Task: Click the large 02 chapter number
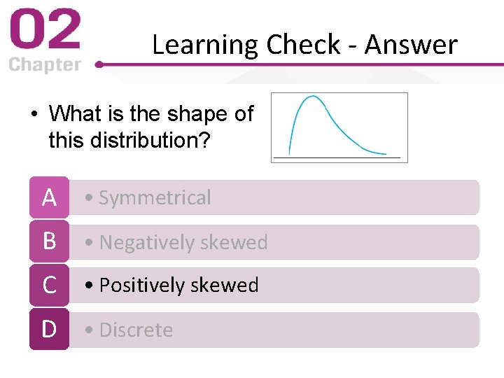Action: point(45,31)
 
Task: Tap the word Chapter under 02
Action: point(45,65)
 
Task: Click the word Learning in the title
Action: point(205,45)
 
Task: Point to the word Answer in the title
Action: point(411,45)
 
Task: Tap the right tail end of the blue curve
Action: point(384,153)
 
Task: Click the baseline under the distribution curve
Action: point(339,159)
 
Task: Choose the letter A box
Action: point(49,197)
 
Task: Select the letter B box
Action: point(49,241)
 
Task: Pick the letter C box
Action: point(49,285)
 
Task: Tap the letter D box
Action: point(49,329)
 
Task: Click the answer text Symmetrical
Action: point(155,198)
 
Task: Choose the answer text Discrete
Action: point(136,330)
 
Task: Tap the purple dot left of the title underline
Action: point(99,64)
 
